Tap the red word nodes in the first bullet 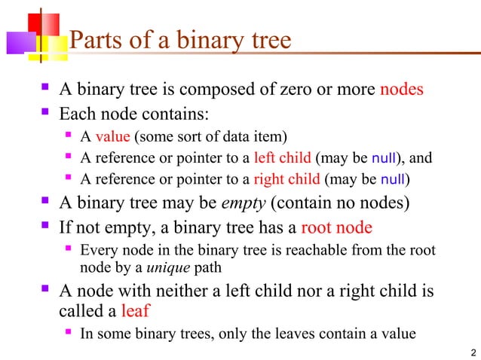click(401, 90)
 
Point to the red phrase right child click(286, 180)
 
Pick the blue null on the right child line click(393, 180)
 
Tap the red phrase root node click(336, 227)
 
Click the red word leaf click(136, 310)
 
